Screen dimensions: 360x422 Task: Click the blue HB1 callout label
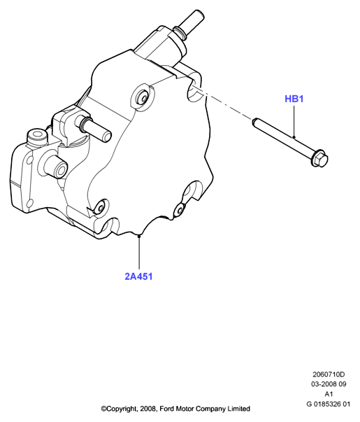(x=294, y=99)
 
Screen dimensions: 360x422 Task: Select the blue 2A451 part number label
(x=138, y=276)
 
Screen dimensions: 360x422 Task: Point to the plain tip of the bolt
(x=254, y=122)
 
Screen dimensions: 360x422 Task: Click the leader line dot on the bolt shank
(x=294, y=137)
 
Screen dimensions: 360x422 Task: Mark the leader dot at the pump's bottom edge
(x=139, y=236)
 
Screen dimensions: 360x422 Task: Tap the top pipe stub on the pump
(x=189, y=24)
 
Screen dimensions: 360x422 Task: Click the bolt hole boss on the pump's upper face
(x=143, y=97)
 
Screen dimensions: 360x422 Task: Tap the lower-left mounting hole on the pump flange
(x=101, y=208)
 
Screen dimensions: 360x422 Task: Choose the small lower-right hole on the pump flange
(x=180, y=209)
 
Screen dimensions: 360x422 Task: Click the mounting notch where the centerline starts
(x=194, y=90)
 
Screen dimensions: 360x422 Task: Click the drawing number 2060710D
(x=329, y=374)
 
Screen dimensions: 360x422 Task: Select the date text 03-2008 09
(x=329, y=384)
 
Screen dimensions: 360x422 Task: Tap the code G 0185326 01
(x=329, y=404)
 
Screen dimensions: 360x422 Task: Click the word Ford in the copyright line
(x=166, y=409)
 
